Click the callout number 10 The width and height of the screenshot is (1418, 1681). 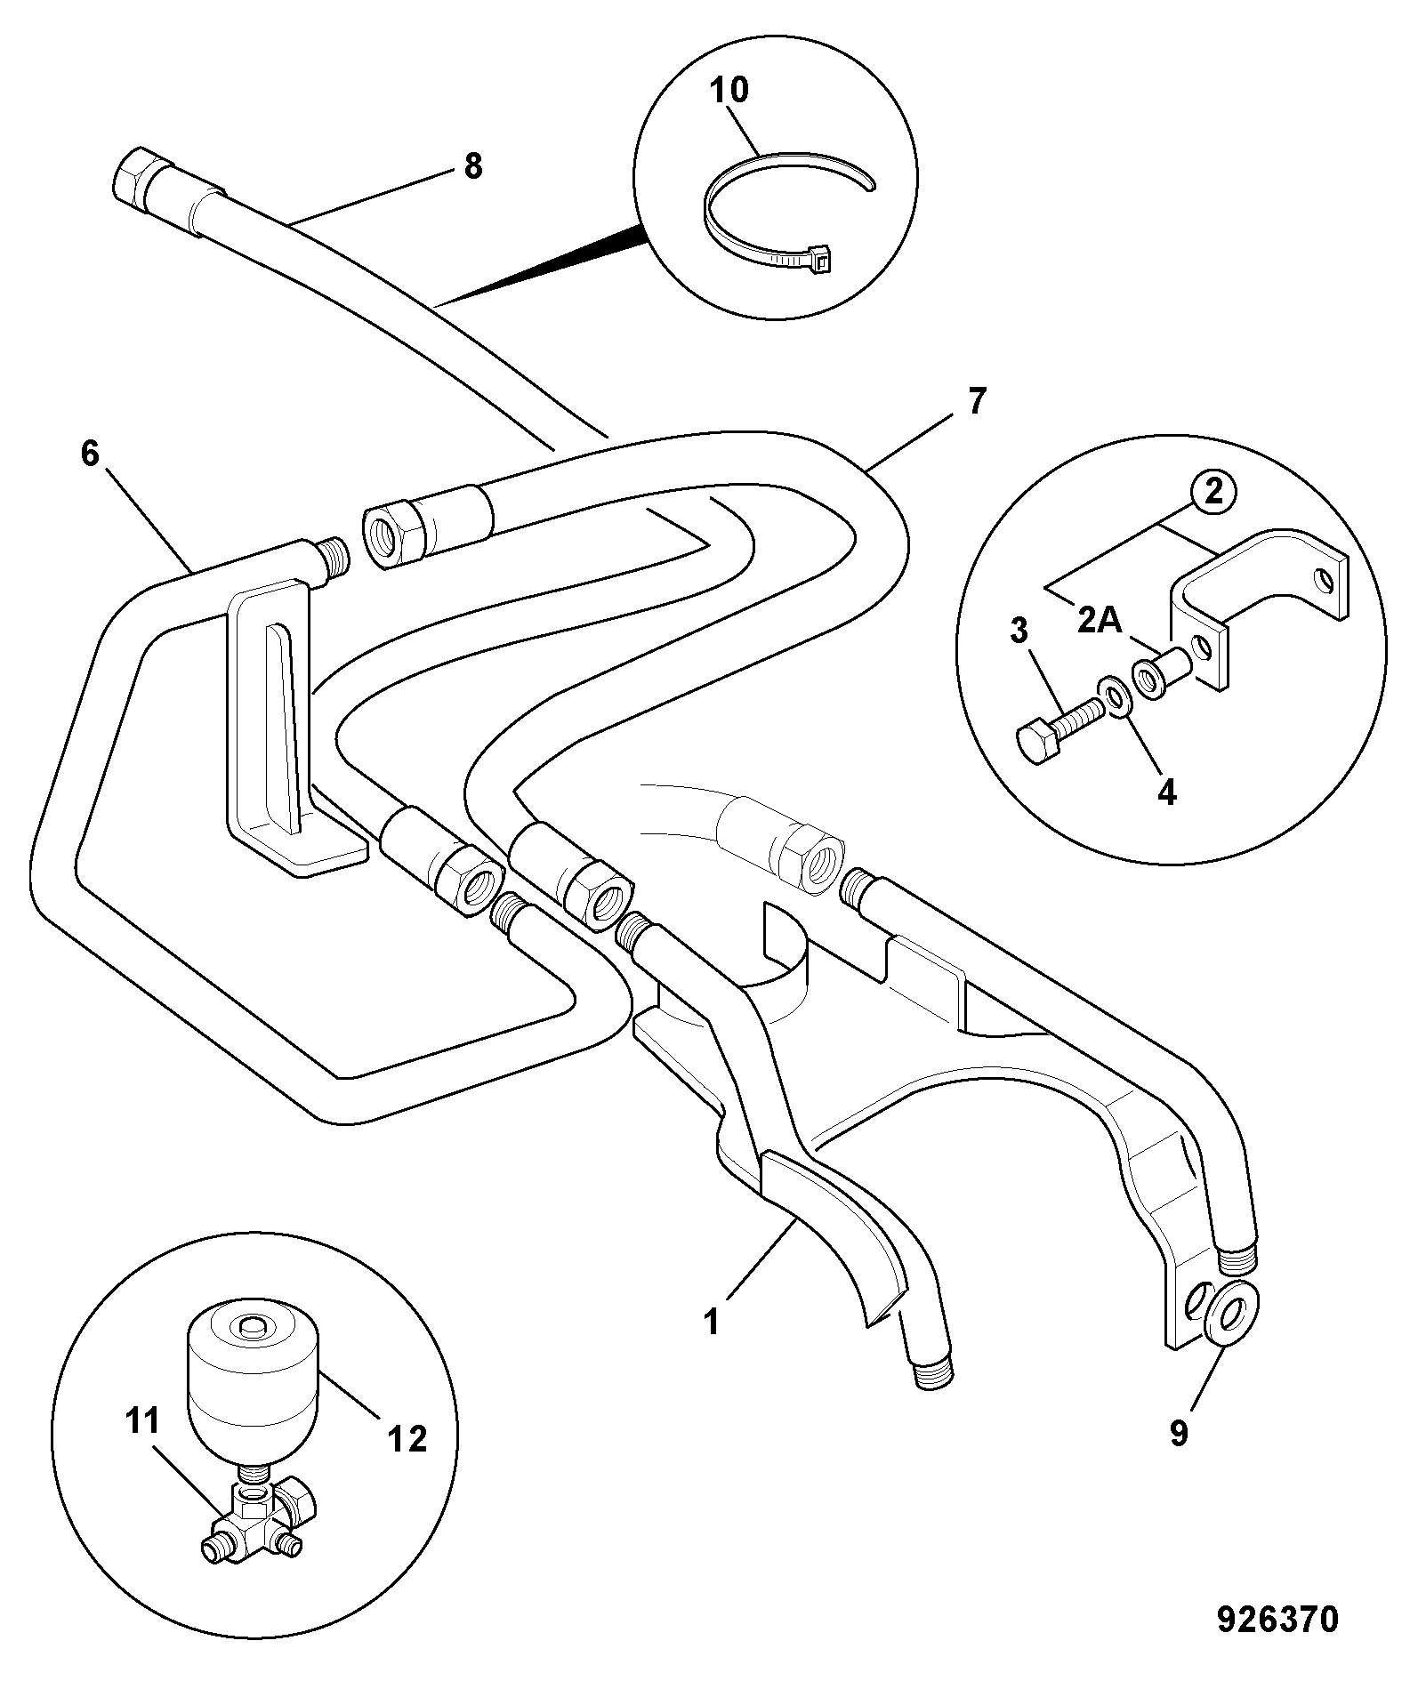click(x=729, y=90)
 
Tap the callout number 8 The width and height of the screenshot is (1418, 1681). click(x=473, y=165)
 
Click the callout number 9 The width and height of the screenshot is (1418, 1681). click(x=1179, y=1433)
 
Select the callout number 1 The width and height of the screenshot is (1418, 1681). click(x=711, y=1322)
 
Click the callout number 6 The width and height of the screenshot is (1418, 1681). click(x=90, y=454)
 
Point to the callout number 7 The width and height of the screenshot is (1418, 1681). click(x=977, y=401)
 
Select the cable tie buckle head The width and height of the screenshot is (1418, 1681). click(x=820, y=257)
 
